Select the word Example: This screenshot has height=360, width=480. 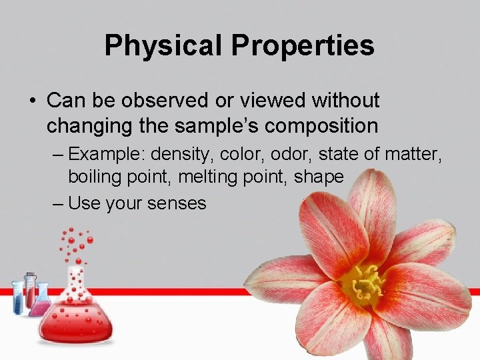click(x=107, y=155)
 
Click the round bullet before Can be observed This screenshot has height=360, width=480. click(x=32, y=101)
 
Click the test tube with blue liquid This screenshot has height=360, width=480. click(x=17, y=299)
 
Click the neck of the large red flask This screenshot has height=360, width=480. click(x=75, y=283)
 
